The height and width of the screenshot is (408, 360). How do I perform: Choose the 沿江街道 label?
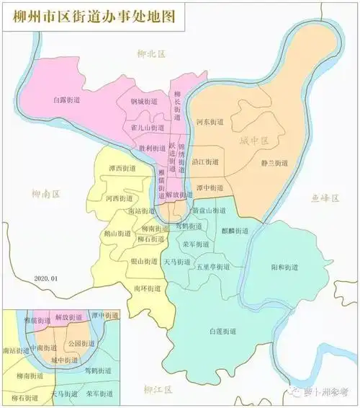(x=205, y=164)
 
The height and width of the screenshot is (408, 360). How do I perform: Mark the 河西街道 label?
(x=119, y=198)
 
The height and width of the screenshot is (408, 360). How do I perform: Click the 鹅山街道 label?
(x=118, y=234)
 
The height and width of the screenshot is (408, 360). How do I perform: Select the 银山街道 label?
(x=145, y=261)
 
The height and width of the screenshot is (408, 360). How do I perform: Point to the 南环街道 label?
(x=147, y=288)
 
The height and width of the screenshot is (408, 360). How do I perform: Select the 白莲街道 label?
(x=222, y=331)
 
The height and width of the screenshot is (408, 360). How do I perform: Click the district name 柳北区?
(x=152, y=53)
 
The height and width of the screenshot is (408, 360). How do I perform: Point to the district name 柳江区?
(x=158, y=391)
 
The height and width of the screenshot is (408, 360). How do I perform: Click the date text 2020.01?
(x=48, y=278)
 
